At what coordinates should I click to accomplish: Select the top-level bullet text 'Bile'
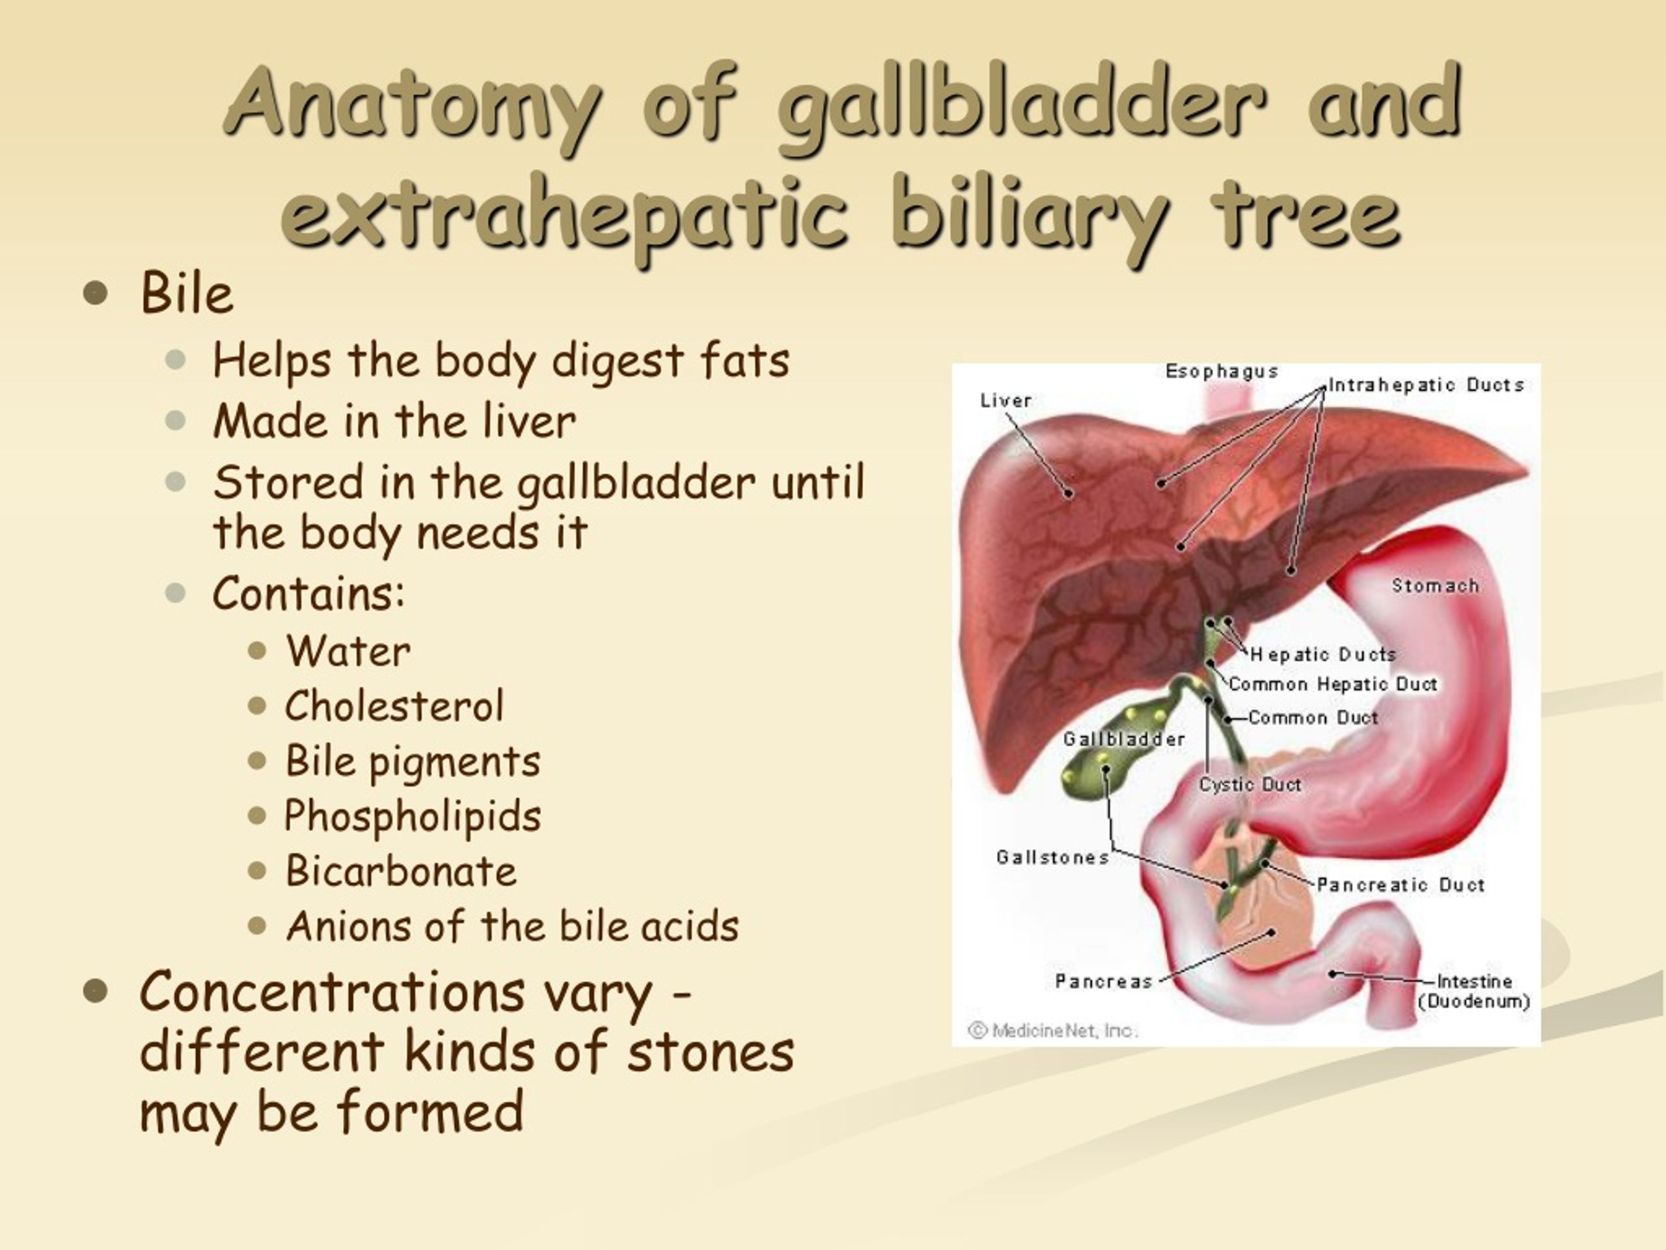tap(186, 293)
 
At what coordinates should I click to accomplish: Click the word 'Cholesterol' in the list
tap(394, 706)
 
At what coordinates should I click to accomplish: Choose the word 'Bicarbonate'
tap(401, 871)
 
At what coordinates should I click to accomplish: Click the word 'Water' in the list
tap(348, 651)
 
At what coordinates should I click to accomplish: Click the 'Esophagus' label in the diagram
tap(1222, 372)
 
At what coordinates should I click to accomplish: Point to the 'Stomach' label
tap(1435, 585)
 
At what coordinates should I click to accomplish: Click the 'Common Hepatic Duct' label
tap(1333, 684)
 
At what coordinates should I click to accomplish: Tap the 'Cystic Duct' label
tap(1250, 785)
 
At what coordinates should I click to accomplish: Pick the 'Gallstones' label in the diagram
tap(1052, 857)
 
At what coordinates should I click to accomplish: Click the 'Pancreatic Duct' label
tap(1400, 885)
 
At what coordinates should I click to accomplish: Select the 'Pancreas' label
tap(1103, 981)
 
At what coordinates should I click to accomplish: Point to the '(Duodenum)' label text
tap(1474, 1001)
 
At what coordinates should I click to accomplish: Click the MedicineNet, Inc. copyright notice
tap(1052, 1030)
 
